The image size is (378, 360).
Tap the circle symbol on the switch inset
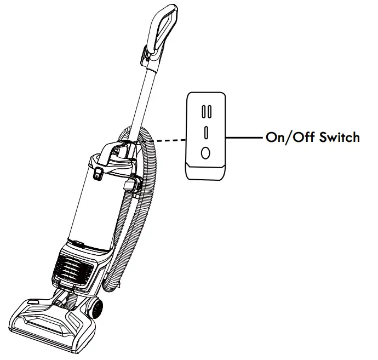[205, 153]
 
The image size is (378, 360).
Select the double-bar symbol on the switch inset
[205, 111]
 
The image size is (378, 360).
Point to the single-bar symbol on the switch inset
[205, 133]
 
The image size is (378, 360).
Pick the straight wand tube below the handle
[143, 99]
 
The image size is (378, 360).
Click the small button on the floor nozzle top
[31, 300]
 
